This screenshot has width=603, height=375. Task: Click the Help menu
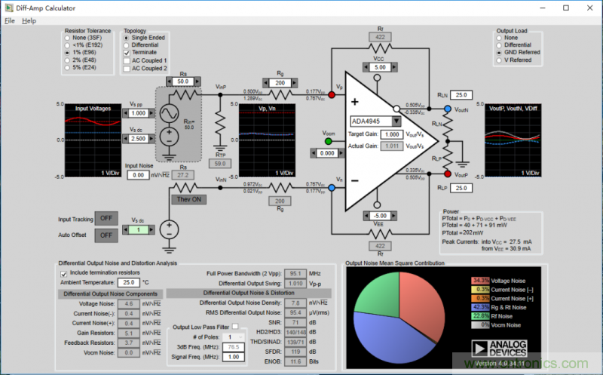click(29, 20)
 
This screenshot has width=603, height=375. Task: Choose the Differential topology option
click(127, 43)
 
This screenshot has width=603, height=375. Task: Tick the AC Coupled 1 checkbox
click(127, 60)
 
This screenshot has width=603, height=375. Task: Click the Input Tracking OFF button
click(106, 219)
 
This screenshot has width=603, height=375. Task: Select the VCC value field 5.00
click(379, 67)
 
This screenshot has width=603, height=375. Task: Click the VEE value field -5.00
click(379, 214)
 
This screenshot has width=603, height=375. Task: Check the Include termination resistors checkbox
click(63, 272)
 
